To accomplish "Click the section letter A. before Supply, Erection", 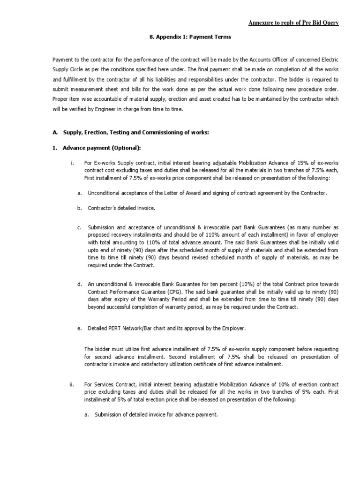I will click(54, 133).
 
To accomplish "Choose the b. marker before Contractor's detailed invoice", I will click(80, 207).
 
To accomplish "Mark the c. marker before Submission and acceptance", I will click(80, 227).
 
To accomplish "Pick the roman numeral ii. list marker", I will click(71, 384).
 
